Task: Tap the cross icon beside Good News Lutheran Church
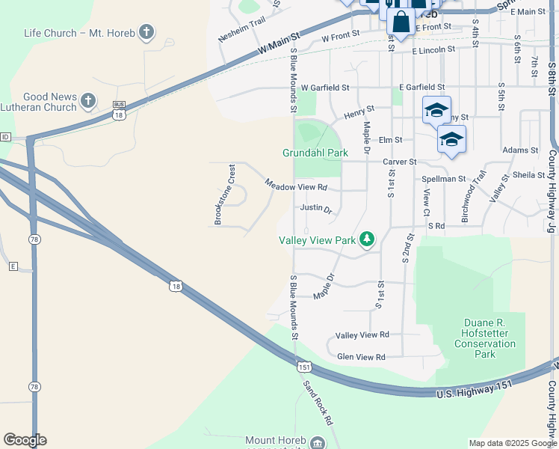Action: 88,100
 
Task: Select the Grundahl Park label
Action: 315,153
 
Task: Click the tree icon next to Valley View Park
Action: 367,239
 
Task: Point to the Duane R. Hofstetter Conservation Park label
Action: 485,338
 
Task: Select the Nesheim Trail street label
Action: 242,31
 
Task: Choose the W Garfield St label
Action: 325,88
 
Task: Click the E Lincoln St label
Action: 433,49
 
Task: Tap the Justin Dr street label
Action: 316,209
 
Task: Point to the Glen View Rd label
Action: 361,358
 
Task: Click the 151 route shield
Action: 303,367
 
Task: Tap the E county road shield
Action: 13,266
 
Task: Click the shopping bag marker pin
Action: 401,22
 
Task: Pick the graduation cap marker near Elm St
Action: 451,139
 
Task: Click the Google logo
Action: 25,440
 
